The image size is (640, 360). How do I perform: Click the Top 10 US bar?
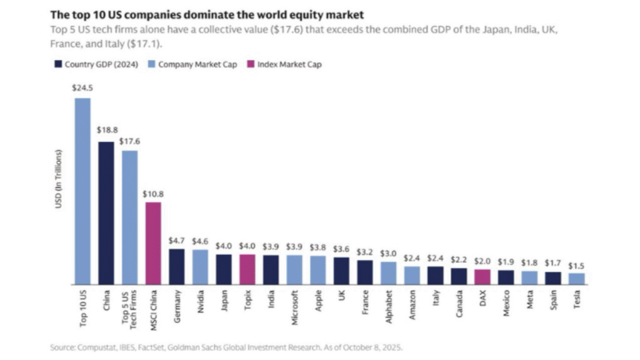point(82,191)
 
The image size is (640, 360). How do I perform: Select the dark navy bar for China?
point(106,212)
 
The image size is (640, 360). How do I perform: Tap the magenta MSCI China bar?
point(153,242)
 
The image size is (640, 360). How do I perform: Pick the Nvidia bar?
point(200,267)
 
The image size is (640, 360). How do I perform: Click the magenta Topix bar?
point(247,269)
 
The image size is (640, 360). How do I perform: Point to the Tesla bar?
point(577,278)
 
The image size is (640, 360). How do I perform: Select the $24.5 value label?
point(82,89)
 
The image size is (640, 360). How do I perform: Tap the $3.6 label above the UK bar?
point(341,248)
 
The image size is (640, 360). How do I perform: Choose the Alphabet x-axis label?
point(389,305)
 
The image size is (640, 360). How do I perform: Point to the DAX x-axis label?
point(482,298)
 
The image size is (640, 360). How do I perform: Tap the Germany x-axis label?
point(177,304)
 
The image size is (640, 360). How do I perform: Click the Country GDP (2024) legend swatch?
point(59,64)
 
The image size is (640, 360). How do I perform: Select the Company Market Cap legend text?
point(197,64)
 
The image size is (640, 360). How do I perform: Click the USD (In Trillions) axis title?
point(59,179)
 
